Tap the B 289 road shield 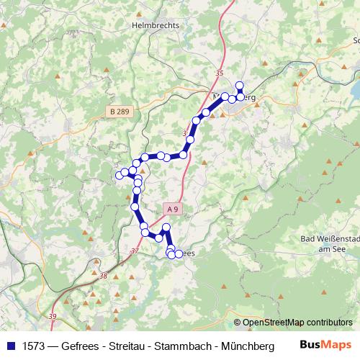[122, 111]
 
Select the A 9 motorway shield [171, 208]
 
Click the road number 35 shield [220, 73]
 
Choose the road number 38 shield [104, 276]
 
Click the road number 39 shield [52, 316]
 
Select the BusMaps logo [327, 344]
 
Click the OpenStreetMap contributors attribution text [297, 322]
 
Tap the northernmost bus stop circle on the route [240, 86]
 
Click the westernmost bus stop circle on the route [120, 175]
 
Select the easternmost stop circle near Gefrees [179, 254]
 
